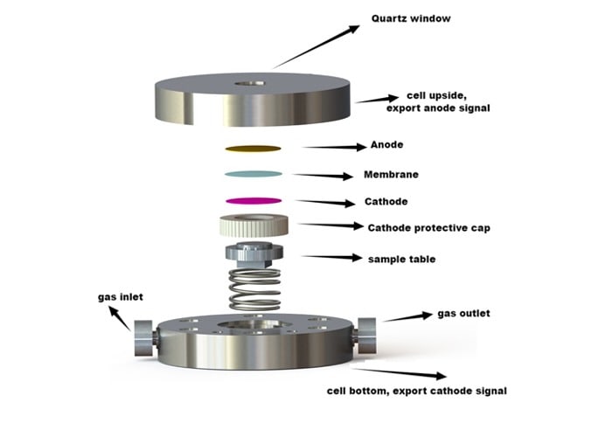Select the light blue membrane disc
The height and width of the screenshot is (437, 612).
tap(254, 174)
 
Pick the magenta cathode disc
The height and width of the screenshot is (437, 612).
tap(254, 200)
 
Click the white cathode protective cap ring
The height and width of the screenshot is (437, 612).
tap(254, 225)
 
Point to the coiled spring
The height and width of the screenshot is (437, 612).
tap(254, 289)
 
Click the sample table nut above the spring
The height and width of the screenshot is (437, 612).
tap(254, 255)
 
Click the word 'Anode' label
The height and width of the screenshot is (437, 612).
tap(386, 144)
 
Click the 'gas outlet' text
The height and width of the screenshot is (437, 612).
tap(463, 313)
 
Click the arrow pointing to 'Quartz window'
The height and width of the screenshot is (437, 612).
tap(315, 45)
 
